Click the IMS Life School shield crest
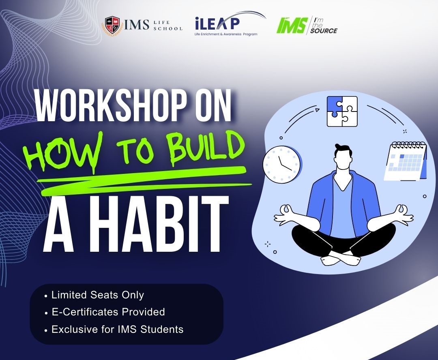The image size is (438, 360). pos(113,26)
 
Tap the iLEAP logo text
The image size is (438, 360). pos(217,24)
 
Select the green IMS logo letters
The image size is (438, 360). pos(292,25)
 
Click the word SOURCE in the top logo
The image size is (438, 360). pos(324,31)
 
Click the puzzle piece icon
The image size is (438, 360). pos(342,111)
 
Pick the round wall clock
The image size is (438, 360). pos(281,165)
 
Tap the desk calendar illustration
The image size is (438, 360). pos(406,161)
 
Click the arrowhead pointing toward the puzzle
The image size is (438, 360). pos(317,110)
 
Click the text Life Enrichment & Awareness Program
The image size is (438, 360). pos(226,34)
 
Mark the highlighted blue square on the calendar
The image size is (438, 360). pos(402,156)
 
